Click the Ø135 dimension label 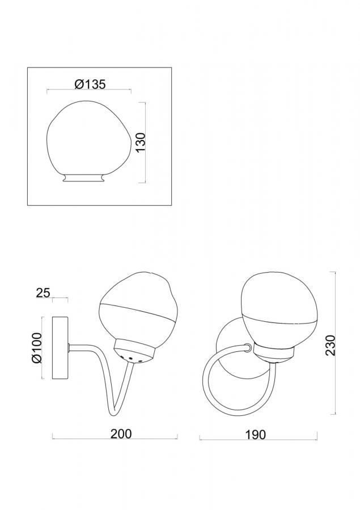[x=90, y=84]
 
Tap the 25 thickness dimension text [x=43, y=293]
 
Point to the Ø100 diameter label [x=36, y=347]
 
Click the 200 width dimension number [x=121, y=433]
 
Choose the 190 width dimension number [x=256, y=435]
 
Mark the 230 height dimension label [x=330, y=346]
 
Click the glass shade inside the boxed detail [x=89, y=138]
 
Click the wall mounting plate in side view [x=60, y=348]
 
